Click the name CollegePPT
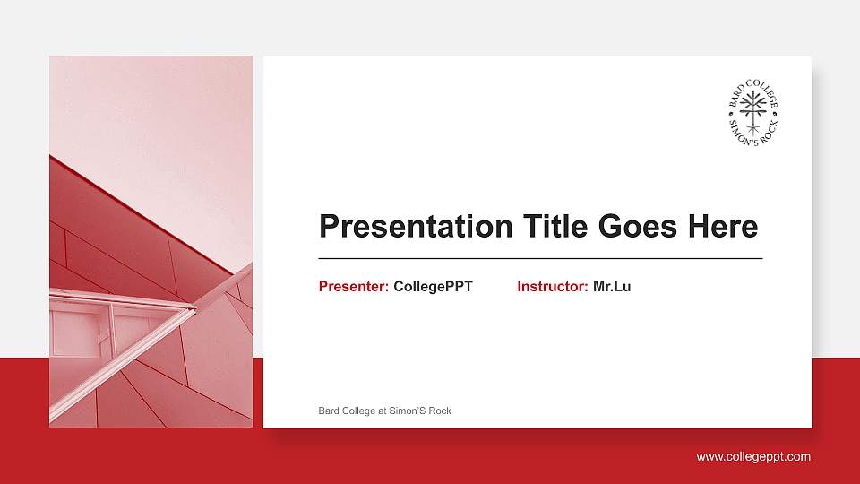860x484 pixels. [433, 287]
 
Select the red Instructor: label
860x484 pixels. [553, 287]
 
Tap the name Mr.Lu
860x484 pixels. [612, 287]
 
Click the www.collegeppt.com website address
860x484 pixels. [753, 457]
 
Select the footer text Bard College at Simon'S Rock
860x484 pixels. [384, 411]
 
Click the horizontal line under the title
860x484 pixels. [540, 258]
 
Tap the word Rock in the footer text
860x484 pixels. [440, 411]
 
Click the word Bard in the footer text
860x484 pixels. [328, 411]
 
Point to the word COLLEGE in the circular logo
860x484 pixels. [764, 93]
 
